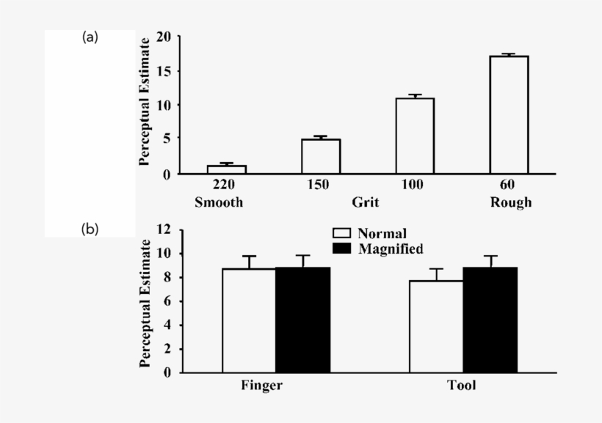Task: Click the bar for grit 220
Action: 226,169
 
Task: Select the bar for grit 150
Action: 321,156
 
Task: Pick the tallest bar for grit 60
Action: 509,114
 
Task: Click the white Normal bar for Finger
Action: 249,320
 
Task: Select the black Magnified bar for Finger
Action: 302,320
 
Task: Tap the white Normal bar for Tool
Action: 436,326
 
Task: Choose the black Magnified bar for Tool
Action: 490,320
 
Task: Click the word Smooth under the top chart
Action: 218,202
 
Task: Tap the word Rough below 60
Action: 511,202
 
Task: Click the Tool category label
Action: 462,386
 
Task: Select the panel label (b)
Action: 90,229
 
